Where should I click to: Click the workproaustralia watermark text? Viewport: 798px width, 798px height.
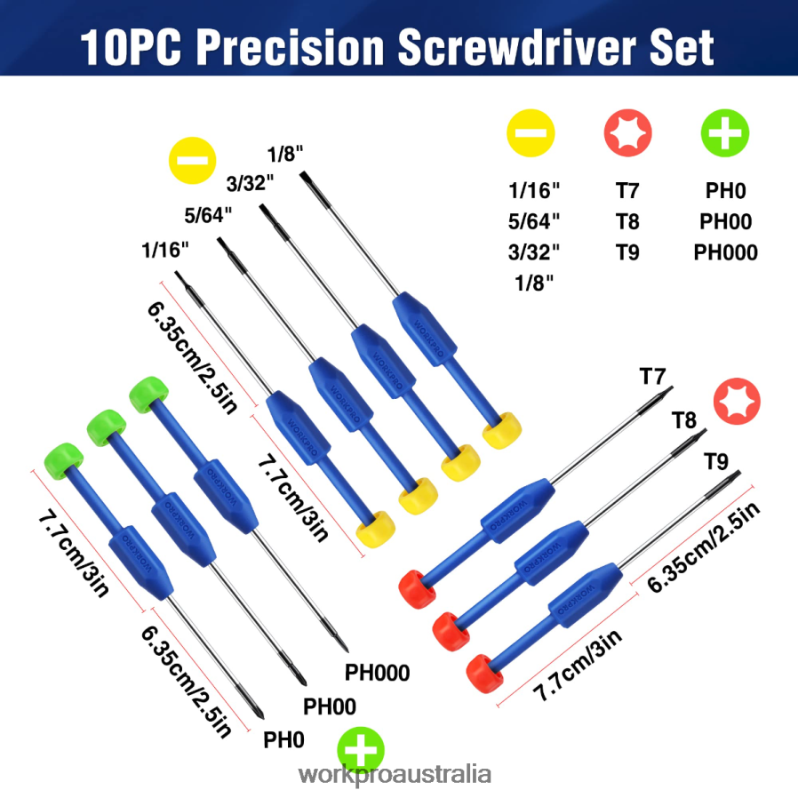coord(395,773)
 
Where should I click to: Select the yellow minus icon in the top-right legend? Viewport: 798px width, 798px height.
coord(531,134)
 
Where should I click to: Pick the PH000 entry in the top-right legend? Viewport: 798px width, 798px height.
coord(725,252)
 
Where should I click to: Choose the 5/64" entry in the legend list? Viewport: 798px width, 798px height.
coord(534,221)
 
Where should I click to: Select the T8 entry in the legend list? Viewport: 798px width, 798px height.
coord(628,221)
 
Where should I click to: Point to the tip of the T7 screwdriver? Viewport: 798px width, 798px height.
coord(669,388)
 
